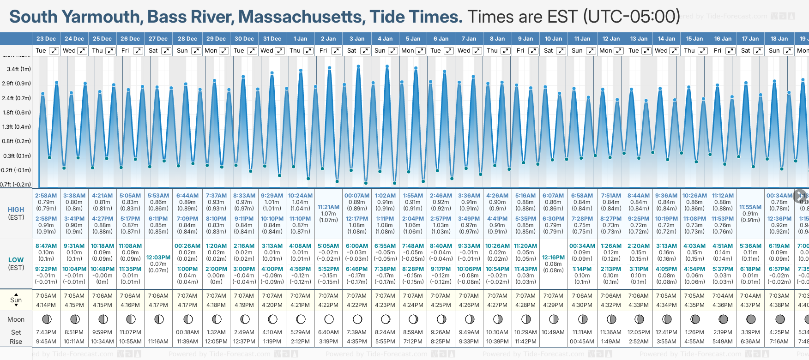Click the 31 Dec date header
tap(272, 39)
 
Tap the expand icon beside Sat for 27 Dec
tap(166, 51)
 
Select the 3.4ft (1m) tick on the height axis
tap(19, 69)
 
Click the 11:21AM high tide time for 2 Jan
tap(328, 207)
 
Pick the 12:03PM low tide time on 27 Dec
tap(158, 258)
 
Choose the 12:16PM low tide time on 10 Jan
tap(553, 258)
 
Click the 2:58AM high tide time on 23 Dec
tap(46, 196)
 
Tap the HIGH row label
tap(16, 210)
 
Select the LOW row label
tap(16, 260)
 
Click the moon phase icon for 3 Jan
tap(357, 319)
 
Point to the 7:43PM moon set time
tap(46, 332)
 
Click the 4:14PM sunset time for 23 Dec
tap(46, 305)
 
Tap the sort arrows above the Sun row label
tap(16, 294)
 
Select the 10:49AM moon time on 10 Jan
tap(553, 332)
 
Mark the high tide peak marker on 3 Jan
tap(358, 66)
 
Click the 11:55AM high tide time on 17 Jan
tap(750, 207)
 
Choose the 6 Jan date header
tap(441, 39)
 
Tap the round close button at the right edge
tap(800, 195)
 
